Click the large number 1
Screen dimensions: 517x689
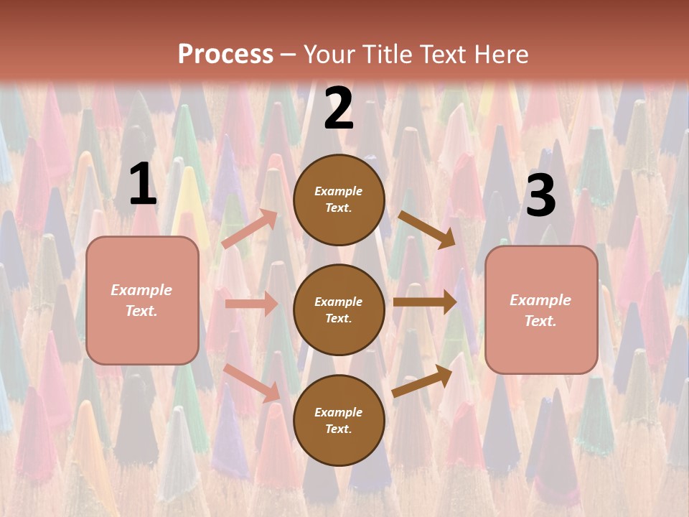(x=143, y=185)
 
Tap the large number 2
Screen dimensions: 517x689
(x=339, y=109)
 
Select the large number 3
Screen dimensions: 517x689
(x=540, y=195)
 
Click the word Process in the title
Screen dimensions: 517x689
(x=225, y=54)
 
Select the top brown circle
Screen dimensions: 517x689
(x=339, y=200)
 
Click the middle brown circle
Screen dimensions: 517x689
(x=339, y=309)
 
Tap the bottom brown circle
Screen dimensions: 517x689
(x=339, y=420)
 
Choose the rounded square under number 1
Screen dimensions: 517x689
(x=142, y=300)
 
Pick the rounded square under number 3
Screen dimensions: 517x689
(x=541, y=310)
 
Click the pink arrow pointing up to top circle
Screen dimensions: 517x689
(x=250, y=229)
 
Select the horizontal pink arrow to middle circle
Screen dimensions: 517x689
(x=251, y=304)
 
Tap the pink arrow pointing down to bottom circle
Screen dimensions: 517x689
(x=252, y=383)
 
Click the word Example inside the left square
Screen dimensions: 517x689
(x=141, y=290)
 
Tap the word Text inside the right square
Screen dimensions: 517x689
(x=540, y=321)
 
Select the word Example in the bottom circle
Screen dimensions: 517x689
(x=339, y=412)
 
